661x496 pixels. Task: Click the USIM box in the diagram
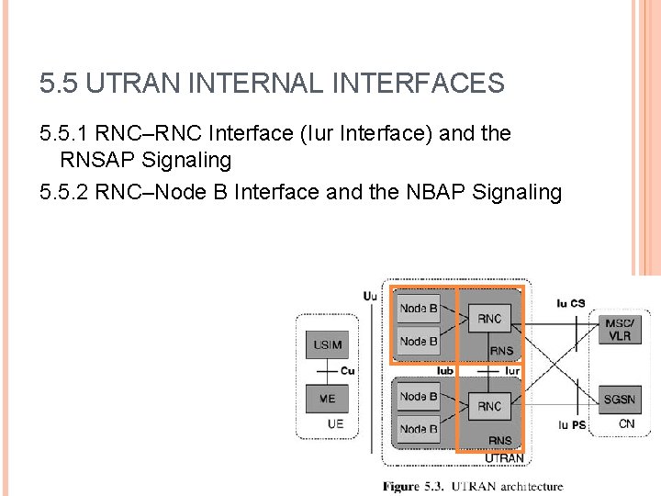pos(327,345)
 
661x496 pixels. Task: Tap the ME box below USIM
pos(327,399)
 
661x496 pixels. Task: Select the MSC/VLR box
pos(619,330)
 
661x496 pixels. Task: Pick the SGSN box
pos(619,400)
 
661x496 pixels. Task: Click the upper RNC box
pos(489,319)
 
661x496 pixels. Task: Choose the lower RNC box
pos(489,405)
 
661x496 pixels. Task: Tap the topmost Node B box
pos(419,309)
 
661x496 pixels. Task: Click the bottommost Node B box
pos(419,429)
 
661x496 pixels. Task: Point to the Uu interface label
pos(369,296)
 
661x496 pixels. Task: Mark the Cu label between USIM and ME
pos(347,371)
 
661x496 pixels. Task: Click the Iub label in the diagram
pos(444,371)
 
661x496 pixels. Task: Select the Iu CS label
pos(570,303)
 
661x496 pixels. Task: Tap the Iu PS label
pos(571,424)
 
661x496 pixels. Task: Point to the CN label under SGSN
pos(626,423)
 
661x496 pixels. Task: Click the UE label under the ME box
pos(336,423)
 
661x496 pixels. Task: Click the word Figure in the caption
pos(401,486)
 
